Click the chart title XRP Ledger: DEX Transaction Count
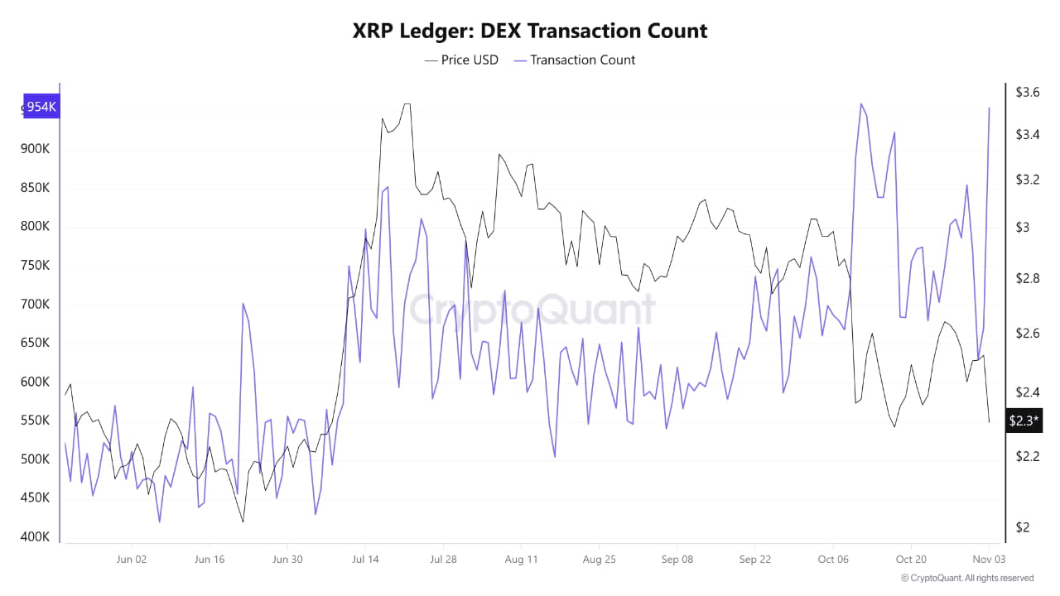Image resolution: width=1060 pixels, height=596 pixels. click(x=530, y=31)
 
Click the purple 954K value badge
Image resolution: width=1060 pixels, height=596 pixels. click(x=41, y=107)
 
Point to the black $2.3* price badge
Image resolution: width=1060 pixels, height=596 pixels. click(x=1024, y=421)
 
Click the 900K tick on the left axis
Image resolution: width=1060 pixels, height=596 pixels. click(x=35, y=150)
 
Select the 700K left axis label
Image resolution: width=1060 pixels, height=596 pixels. click(x=35, y=305)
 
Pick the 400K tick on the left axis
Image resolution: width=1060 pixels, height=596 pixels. click(x=35, y=537)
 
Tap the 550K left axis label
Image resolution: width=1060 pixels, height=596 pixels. click(x=35, y=421)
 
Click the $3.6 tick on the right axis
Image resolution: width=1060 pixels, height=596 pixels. click(x=1028, y=92)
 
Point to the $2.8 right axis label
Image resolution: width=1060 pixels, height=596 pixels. click(x=1028, y=278)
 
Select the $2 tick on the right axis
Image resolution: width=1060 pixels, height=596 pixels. click(x=1024, y=527)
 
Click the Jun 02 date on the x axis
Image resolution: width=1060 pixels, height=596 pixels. click(x=132, y=560)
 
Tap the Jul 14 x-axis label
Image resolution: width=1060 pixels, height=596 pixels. click(x=365, y=560)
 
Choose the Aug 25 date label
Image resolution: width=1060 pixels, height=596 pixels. click(x=599, y=560)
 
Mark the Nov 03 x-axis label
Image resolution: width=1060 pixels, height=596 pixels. click(x=989, y=560)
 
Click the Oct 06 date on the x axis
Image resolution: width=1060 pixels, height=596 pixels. click(x=833, y=560)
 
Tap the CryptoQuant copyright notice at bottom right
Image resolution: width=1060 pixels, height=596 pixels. click(x=966, y=578)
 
